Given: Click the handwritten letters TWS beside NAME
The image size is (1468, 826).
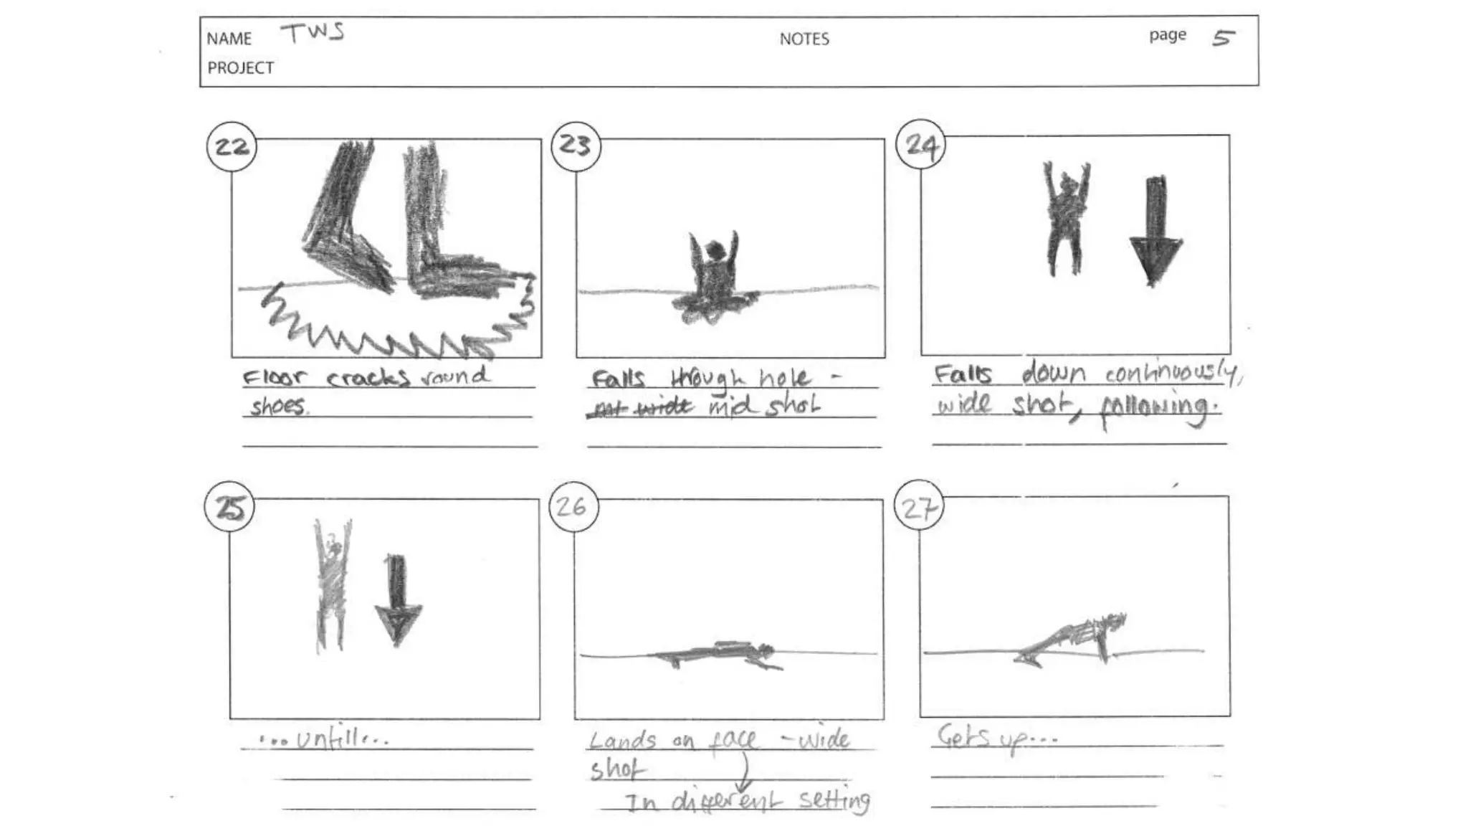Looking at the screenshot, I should (313, 33).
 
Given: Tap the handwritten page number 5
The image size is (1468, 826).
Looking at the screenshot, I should (1223, 37).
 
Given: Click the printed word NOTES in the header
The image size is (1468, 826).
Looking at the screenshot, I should (804, 39).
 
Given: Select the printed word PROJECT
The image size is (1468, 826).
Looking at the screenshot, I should (241, 68).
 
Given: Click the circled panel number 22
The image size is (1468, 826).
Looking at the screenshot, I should (232, 146).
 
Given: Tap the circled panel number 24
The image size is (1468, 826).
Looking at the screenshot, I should (920, 145).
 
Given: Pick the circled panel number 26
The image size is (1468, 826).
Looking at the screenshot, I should (572, 506).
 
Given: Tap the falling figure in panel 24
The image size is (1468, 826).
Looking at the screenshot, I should (1067, 219).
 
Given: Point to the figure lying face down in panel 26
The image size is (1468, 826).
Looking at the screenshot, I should (717, 653).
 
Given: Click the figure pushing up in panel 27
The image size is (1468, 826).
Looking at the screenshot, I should (1072, 638).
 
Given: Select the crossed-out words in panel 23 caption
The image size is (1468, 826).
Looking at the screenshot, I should (640, 408).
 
